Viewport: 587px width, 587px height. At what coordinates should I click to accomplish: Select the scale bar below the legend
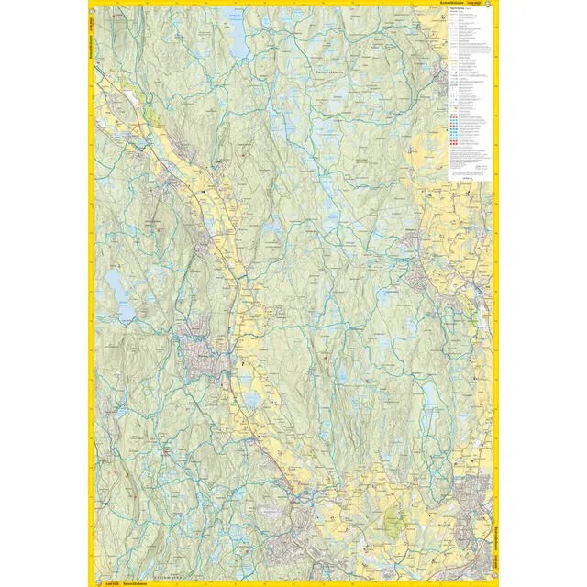[468, 171]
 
